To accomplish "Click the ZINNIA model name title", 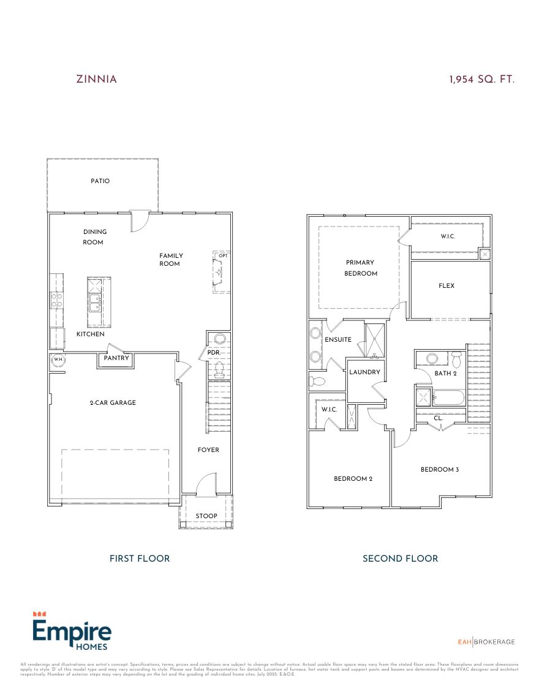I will tap(96, 79).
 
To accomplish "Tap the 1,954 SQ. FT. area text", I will tap(481, 79).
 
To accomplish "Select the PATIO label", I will tap(100, 181).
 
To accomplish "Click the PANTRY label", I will tap(116, 358).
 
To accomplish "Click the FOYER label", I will tap(208, 450).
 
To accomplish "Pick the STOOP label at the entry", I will tap(206, 516).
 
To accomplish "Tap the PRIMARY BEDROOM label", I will tap(360, 268).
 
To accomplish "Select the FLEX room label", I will tap(447, 285).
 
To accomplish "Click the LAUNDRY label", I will tap(366, 372).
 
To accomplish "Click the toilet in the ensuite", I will tap(317, 381).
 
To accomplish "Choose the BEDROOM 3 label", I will tap(439, 469).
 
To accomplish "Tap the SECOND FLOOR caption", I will tap(400, 558).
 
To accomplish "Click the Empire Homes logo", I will tap(71, 631).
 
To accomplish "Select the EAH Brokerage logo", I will tap(486, 641).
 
